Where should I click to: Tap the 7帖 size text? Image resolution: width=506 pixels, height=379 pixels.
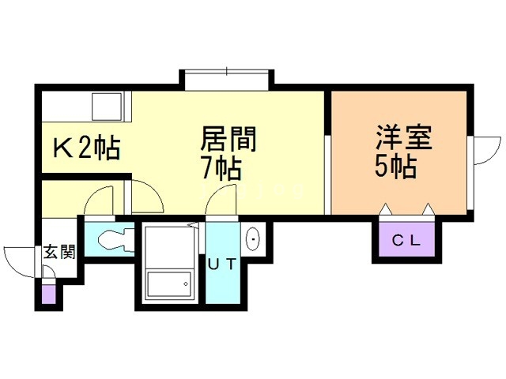(x=221, y=168)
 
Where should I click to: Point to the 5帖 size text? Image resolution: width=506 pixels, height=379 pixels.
(x=395, y=167)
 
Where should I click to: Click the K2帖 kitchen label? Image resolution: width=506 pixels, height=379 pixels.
(x=86, y=148)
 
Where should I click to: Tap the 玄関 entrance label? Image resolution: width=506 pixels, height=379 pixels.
(x=59, y=253)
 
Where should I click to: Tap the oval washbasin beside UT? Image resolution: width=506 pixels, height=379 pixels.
(x=252, y=238)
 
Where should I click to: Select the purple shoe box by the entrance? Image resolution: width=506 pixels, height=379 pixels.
(x=49, y=295)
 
